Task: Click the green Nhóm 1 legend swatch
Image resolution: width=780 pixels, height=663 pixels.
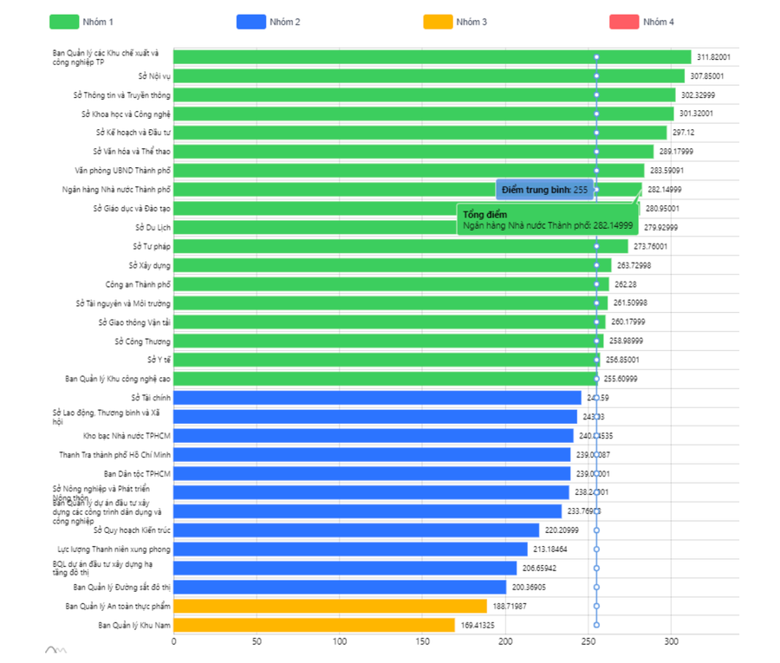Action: [63, 22]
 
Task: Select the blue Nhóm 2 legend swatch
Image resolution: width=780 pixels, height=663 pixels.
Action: [250, 22]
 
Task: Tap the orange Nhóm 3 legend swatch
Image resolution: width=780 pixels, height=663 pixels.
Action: [438, 22]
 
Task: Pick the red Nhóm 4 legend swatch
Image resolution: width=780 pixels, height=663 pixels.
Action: [624, 22]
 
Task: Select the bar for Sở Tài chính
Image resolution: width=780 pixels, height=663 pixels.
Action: [377, 398]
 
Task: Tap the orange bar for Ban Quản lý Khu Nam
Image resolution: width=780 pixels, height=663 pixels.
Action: [314, 625]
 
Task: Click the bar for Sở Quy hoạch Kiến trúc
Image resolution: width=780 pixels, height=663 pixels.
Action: [355, 530]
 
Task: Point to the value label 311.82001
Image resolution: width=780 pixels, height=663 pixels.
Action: [714, 57]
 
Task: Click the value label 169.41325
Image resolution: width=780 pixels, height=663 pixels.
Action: [478, 625]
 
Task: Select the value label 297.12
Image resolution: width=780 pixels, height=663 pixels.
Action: [684, 133]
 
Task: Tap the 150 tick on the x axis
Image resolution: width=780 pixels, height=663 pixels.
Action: [422, 642]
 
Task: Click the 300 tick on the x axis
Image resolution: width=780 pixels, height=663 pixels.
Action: [671, 642]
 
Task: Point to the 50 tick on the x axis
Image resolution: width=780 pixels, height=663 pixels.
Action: [257, 642]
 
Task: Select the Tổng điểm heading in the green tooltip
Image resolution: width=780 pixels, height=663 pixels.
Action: [479, 214]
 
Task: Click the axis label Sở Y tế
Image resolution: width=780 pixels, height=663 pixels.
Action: [159, 360]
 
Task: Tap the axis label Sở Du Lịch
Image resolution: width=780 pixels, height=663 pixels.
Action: [153, 227]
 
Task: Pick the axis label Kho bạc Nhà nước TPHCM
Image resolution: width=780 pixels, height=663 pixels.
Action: [127, 436]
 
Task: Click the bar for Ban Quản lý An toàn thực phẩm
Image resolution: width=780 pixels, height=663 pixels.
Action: [330, 606]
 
